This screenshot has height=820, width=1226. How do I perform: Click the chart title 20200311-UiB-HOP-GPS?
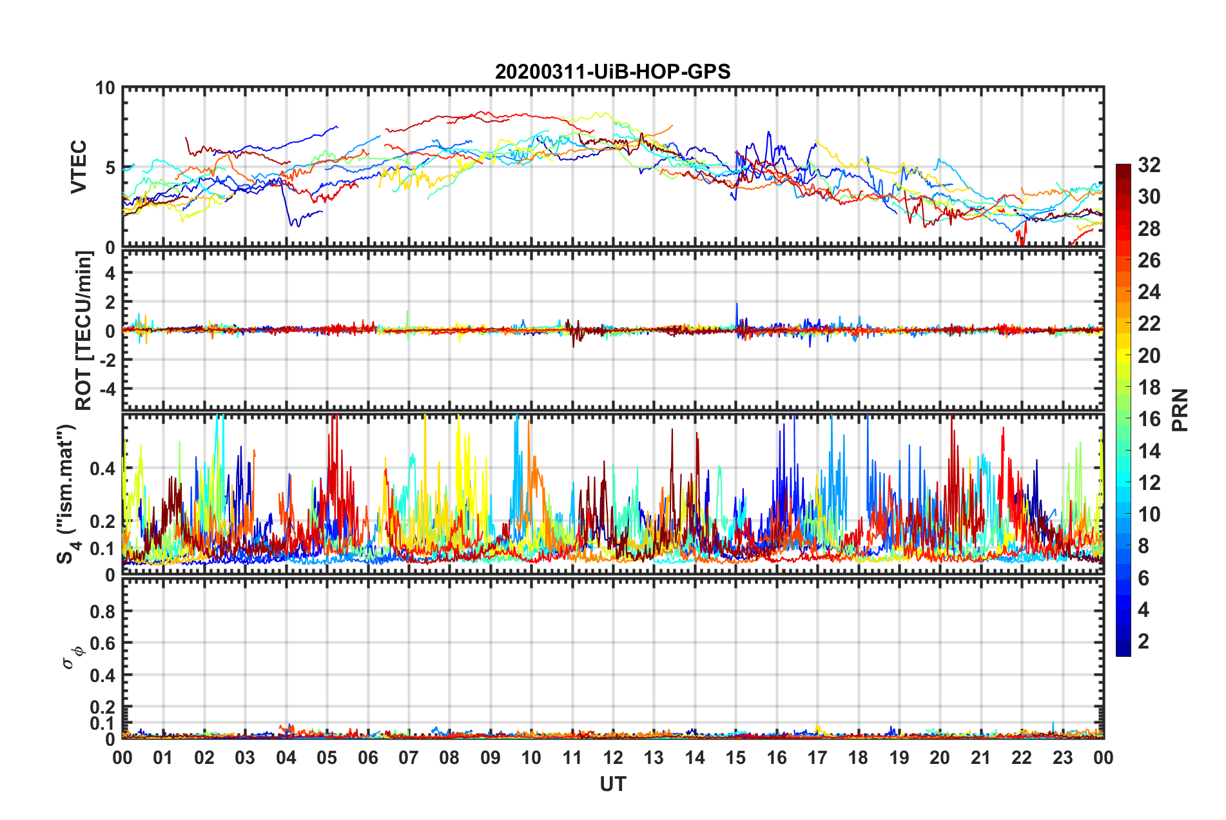point(612,72)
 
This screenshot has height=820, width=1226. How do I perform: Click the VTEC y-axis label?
point(79,167)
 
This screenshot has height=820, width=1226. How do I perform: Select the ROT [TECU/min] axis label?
point(84,331)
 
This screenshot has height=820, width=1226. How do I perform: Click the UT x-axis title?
point(612,784)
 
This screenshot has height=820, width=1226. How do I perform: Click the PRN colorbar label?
point(1180,410)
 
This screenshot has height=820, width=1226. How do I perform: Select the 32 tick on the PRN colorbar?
point(1149,165)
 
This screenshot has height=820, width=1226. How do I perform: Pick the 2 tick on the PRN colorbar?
point(1143,641)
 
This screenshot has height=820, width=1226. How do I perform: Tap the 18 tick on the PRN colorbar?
point(1149,387)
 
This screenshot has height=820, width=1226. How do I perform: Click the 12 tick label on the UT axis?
point(613,757)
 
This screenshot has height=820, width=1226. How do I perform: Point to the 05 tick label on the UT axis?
point(327,757)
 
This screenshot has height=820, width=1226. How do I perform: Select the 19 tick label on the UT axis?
point(899,757)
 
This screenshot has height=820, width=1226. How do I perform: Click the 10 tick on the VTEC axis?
point(105,88)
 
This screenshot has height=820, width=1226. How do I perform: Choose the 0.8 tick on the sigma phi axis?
point(103,611)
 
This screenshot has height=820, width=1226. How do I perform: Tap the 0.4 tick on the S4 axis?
point(103,469)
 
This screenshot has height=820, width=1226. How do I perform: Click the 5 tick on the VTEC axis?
point(110,168)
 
